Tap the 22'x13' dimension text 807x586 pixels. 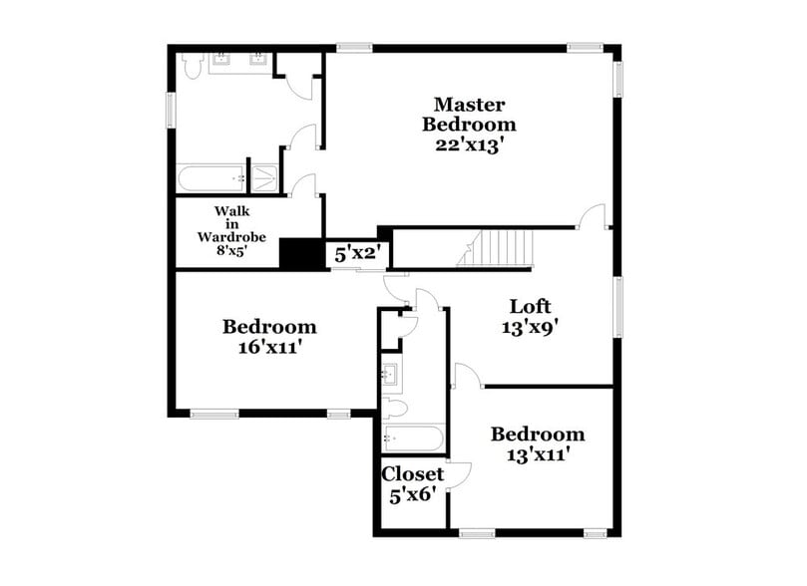pos(469,145)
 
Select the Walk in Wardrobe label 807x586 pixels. pos(231,223)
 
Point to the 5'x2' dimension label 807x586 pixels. pos(354,254)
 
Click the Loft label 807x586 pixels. pos(531,306)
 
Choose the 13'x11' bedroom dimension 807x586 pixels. pos(538,455)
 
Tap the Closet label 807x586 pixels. pos(412,474)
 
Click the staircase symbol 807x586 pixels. pos(497,247)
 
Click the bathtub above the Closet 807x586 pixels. pos(412,439)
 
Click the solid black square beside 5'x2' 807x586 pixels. pos(297,253)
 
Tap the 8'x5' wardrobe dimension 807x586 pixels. pos(231,252)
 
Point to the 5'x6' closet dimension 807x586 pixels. pos(412,494)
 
